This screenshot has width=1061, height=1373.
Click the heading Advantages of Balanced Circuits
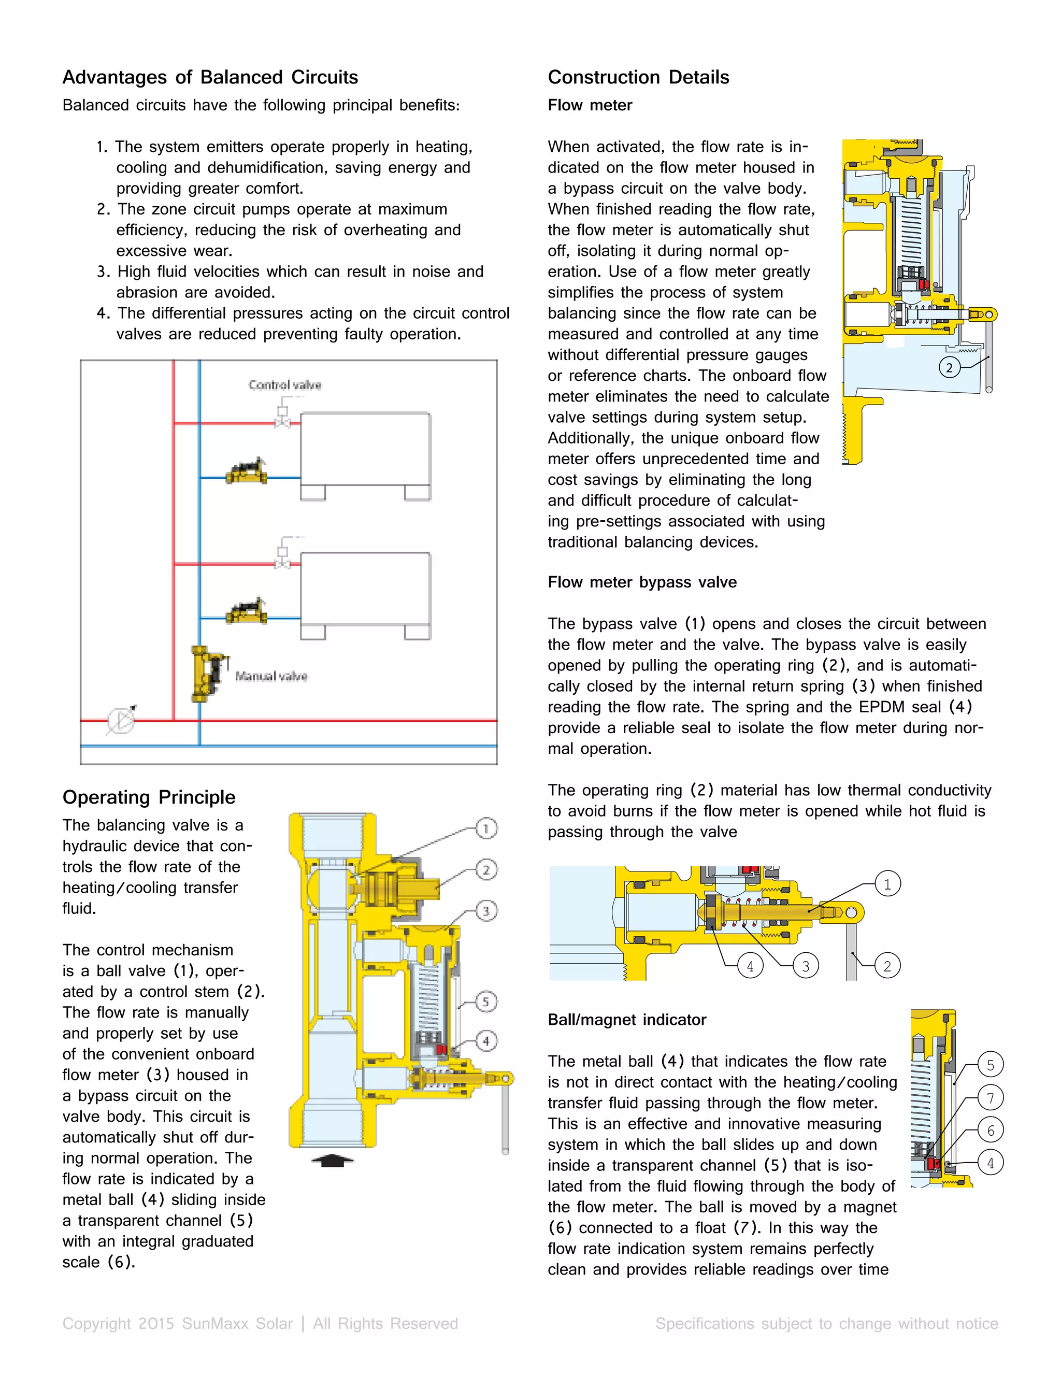coord(210,77)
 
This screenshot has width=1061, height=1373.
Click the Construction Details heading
coord(638,77)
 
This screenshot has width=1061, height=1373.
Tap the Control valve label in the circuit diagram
coord(285,385)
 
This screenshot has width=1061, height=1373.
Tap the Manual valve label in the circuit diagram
coord(271,677)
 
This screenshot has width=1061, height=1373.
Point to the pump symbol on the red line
coord(121,721)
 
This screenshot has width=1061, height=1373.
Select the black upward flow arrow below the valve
coord(333,1161)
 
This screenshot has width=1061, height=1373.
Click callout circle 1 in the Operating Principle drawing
coord(486,828)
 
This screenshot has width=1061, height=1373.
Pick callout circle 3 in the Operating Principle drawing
coord(486,911)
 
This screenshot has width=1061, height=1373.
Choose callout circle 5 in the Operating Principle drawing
coord(486,1002)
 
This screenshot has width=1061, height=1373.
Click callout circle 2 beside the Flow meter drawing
coord(949,367)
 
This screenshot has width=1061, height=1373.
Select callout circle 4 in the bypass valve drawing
coord(750,966)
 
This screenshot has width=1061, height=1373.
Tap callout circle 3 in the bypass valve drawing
coord(806,966)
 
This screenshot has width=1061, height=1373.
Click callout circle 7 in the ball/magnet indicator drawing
coord(990,1098)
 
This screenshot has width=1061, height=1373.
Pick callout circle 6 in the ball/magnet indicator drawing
coord(990,1131)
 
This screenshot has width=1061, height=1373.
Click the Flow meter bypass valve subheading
coord(642,582)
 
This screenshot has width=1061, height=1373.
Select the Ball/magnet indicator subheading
coord(627,1020)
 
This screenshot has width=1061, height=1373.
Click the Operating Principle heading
coord(149,797)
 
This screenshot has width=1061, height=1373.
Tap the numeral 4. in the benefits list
coord(104,313)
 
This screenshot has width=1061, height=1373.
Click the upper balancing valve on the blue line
coord(247,471)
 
